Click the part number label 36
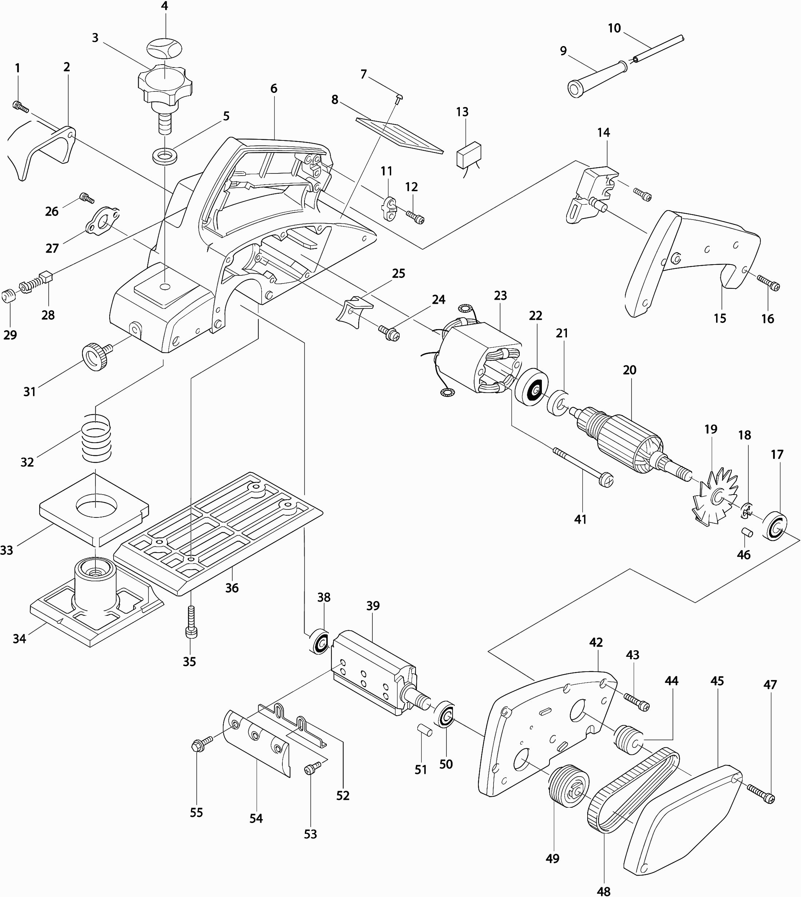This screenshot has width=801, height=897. [x=232, y=588]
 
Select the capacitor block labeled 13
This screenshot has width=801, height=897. [x=469, y=154]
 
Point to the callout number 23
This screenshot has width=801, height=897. [x=500, y=296]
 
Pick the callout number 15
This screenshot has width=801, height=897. [x=720, y=318]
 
